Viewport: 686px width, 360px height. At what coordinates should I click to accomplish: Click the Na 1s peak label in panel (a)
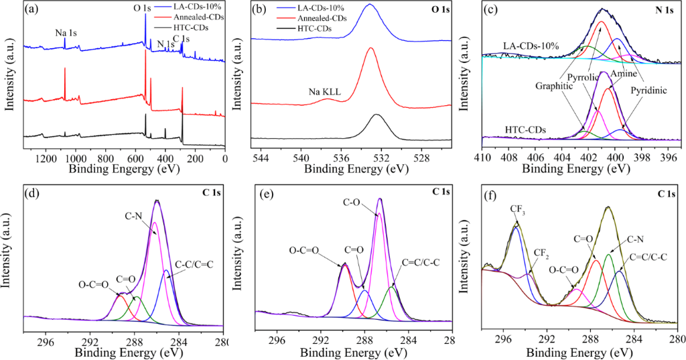tap(66, 32)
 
